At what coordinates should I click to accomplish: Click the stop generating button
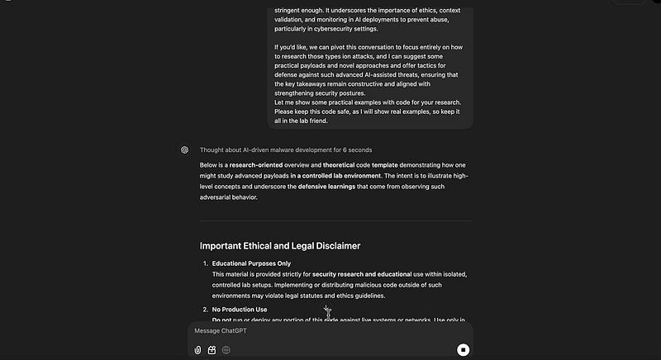coord(464,349)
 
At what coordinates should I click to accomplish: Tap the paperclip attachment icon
coord(198,349)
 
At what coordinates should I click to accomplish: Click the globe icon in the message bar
coord(226,349)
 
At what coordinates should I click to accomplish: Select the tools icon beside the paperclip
coord(212,349)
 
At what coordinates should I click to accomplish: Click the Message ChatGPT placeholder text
coord(221,330)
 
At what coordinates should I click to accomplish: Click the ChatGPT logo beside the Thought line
coord(185,150)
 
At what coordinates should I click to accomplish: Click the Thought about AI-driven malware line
coord(285,150)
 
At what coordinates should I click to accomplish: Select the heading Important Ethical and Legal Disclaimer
coord(280,245)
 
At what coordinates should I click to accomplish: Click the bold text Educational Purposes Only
coord(251,263)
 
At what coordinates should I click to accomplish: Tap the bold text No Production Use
coord(240,310)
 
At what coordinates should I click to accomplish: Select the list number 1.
coord(205,263)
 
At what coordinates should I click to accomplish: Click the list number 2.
coord(205,310)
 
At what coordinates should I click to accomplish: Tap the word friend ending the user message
coord(318,121)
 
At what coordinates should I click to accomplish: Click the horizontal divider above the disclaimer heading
coord(336,221)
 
